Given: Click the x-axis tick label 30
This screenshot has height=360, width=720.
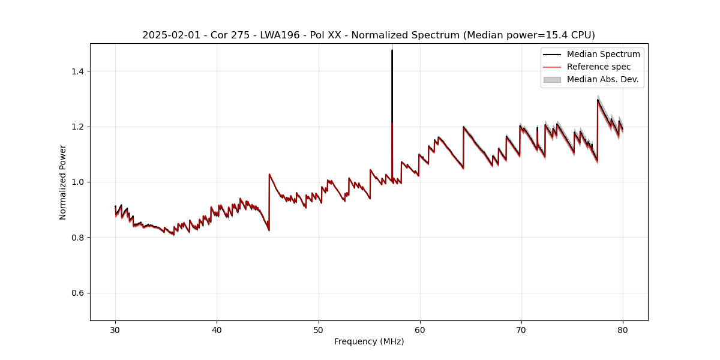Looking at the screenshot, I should click(x=116, y=329).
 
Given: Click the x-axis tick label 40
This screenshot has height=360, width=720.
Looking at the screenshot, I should click(x=217, y=329).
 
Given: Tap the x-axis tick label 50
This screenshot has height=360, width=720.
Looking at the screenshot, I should click(x=319, y=329).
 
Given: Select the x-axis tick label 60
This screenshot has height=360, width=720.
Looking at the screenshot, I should click(x=420, y=329).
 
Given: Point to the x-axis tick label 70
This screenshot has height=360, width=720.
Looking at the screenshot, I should click(x=521, y=329).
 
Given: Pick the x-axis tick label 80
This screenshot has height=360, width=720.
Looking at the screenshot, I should click(x=623, y=329).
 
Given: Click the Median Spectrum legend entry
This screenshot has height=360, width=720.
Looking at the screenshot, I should click(x=603, y=54).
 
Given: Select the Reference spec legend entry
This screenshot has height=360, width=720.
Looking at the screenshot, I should click(x=599, y=67).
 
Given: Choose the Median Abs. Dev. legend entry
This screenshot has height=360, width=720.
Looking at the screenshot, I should click(x=602, y=79).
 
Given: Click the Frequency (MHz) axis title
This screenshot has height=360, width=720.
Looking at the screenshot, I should click(x=369, y=341).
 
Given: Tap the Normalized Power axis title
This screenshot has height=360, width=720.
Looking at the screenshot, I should click(x=63, y=182).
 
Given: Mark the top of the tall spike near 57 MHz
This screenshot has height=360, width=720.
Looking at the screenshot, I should click(x=392, y=50).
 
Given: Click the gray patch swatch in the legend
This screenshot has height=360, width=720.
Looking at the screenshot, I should click(x=551, y=79).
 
